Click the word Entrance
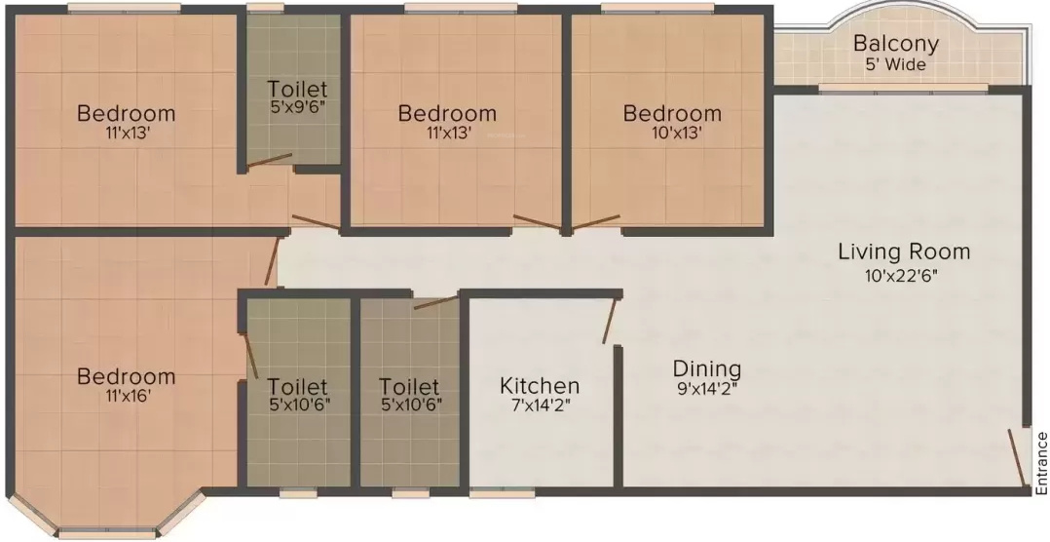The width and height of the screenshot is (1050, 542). [1041, 462]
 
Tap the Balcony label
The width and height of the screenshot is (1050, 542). [895, 44]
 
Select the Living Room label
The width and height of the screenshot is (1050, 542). [904, 252]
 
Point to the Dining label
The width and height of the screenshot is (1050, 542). [707, 369]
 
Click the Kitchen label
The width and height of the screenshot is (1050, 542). [540, 386]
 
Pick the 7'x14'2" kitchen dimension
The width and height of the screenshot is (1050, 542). [540, 406]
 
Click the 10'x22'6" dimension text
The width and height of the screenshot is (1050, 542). [904, 275]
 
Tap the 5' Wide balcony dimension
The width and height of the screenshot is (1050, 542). [895, 65]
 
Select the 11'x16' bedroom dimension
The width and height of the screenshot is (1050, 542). [127, 396]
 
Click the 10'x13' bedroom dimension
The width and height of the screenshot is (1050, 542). [672, 134]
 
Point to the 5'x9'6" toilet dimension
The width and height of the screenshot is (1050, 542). [298, 109]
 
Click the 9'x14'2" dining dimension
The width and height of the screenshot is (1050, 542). [707, 389]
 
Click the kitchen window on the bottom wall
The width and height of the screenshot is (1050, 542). [495, 493]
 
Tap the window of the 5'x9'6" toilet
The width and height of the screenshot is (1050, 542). [265, 9]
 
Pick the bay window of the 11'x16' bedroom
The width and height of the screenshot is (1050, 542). [107, 533]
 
